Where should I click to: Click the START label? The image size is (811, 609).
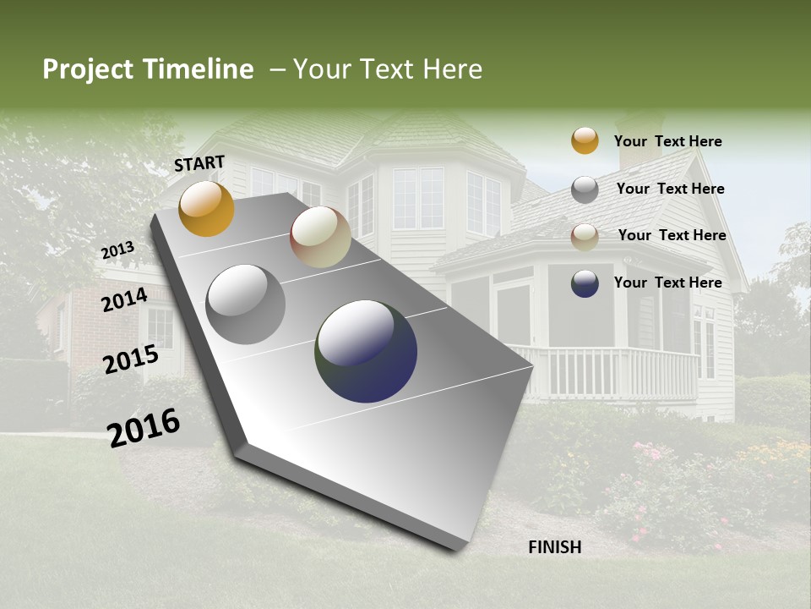pos(199,163)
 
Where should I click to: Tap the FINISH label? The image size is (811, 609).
pos(554,547)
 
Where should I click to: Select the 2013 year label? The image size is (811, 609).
pos(117,250)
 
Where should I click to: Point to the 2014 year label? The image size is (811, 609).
pos(124,299)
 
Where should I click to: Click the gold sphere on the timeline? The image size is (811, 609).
pos(206,209)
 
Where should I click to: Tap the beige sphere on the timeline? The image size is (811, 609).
pos(320,238)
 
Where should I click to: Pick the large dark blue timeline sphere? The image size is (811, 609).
pos(366,351)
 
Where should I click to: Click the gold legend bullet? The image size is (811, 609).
pos(585,140)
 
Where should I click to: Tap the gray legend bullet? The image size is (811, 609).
pos(585,189)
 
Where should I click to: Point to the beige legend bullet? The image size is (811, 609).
pos(585,237)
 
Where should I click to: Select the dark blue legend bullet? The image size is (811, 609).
pos(585,283)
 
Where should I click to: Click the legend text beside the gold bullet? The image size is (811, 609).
pos(667,141)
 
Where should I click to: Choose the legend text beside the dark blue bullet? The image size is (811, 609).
pos(667,283)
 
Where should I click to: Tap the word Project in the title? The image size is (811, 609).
pos(89,69)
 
